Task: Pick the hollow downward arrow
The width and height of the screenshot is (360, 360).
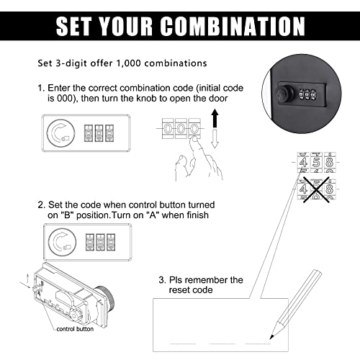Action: click(x=214, y=137)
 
